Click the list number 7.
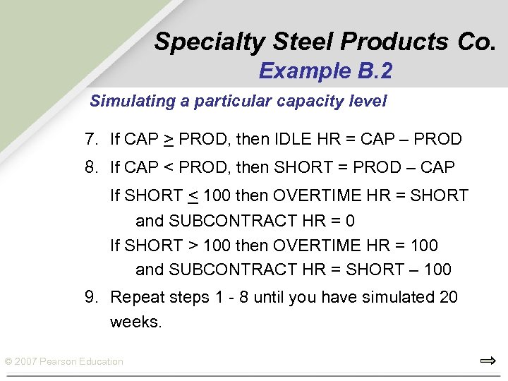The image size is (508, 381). [x=91, y=139]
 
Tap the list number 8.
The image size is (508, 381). [x=91, y=168]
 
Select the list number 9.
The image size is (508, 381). [x=91, y=297]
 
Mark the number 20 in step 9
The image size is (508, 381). [x=449, y=297]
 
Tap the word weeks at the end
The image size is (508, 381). [x=135, y=322]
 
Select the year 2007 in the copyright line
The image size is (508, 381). [x=27, y=362]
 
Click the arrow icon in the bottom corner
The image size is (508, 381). [x=488, y=361]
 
